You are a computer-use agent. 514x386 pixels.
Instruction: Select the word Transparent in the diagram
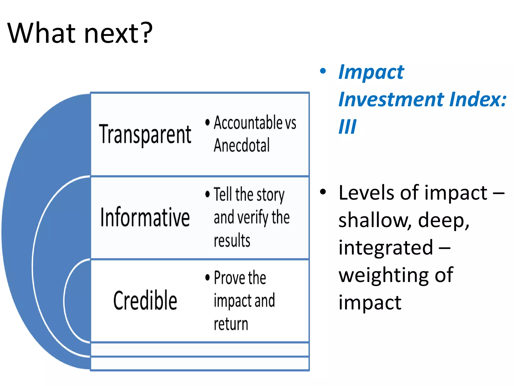[x=145, y=134]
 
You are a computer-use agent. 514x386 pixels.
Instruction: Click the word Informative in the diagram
[x=145, y=217]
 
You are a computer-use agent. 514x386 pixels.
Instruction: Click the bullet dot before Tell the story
[x=207, y=194]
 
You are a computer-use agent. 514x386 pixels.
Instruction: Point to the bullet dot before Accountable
[x=207, y=123]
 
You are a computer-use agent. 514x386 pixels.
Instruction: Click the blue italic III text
[x=347, y=127]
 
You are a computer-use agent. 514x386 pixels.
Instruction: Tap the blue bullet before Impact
[x=323, y=71]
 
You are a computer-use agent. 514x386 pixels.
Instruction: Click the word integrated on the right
[x=386, y=248]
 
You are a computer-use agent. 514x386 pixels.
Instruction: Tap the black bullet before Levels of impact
[x=323, y=192]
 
